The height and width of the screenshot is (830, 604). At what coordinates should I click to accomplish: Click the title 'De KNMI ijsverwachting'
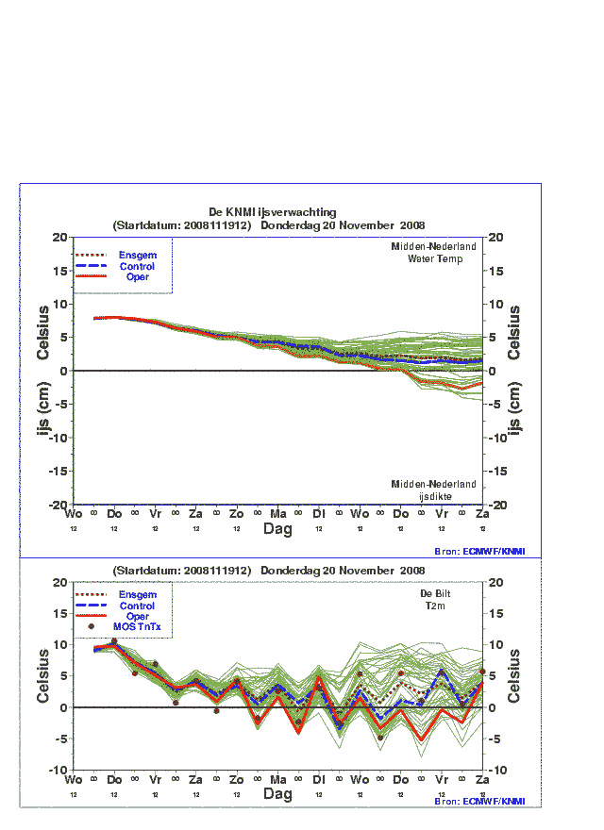[x=272, y=212]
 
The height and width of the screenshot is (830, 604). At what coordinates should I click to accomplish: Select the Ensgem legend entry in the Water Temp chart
[x=138, y=255]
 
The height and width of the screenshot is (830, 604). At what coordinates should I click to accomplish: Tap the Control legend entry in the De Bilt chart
[x=138, y=606]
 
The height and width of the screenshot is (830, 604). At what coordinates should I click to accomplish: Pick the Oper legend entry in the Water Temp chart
[x=138, y=276]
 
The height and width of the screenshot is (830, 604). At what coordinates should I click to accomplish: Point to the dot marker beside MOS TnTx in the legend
[x=92, y=626]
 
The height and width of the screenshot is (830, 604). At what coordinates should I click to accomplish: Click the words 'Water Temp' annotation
[x=435, y=258]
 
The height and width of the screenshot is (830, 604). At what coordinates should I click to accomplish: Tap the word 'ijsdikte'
[x=435, y=495]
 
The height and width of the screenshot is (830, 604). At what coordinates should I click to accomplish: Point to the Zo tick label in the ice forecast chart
[x=237, y=513]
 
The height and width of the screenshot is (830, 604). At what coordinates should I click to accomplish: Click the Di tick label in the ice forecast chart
[x=319, y=513]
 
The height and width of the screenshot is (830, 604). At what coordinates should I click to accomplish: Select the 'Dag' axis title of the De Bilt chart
[x=277, y=795]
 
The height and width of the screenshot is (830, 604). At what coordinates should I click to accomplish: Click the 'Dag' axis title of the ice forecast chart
[x=277, y=529]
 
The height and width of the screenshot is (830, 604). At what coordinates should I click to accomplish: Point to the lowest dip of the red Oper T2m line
[x=422, y=739]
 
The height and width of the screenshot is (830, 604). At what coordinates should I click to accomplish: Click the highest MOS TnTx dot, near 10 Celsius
[x=114, y=641]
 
